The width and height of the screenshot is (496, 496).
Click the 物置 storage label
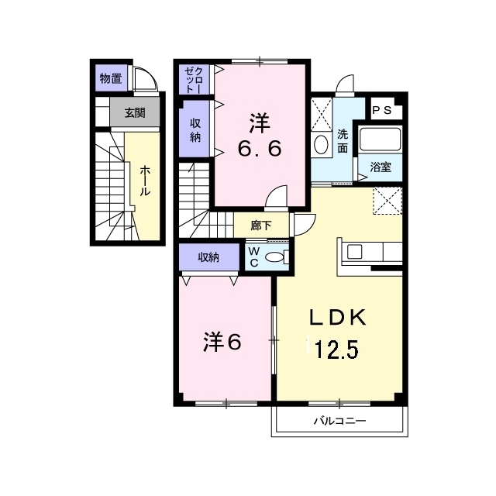tap(110, 77)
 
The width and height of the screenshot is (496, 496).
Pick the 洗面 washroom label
tap(342, 140)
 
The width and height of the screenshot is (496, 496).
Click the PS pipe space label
tap(381, 111)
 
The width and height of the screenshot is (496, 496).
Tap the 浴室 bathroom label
tap(380, 167)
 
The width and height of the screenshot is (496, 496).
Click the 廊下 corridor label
tap(261, 226)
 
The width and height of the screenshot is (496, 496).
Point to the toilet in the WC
tap(274, 258)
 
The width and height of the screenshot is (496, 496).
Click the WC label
tap(253, 257)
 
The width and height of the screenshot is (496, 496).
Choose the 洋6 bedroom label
tap(222, 341)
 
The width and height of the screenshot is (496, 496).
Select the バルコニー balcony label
tap(339, 421)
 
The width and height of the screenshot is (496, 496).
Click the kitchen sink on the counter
tap(354, 251)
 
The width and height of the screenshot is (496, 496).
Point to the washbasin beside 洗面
tap(321, 144)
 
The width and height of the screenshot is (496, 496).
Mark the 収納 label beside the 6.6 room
tap(195, 131)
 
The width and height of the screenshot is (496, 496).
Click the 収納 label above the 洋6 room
tap(207, 257)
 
